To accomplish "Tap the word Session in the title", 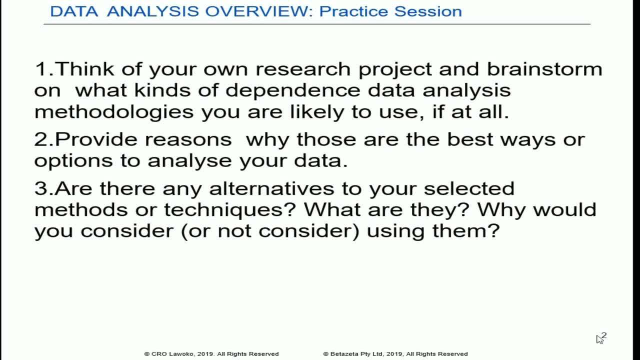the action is (x=428, y=11).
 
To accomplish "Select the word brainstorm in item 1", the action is (x=544, y=69).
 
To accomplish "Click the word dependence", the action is (x=293, y=90).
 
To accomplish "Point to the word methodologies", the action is (x=114, y=111).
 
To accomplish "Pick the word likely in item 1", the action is (x=317, y=111).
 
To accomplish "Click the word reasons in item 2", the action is (x=188, y=139).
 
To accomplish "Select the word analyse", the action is (x=189, y=160).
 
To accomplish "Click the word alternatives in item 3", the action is (x=271, y=188).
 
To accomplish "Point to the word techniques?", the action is (x=229, y=210).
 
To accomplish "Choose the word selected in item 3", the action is (x=469, y=188).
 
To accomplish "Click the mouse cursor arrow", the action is (x=599, y=339).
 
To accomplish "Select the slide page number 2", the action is (x=604, y=335).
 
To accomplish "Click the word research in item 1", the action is (x=303, y=69).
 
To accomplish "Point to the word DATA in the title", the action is (x=74, y=11).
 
